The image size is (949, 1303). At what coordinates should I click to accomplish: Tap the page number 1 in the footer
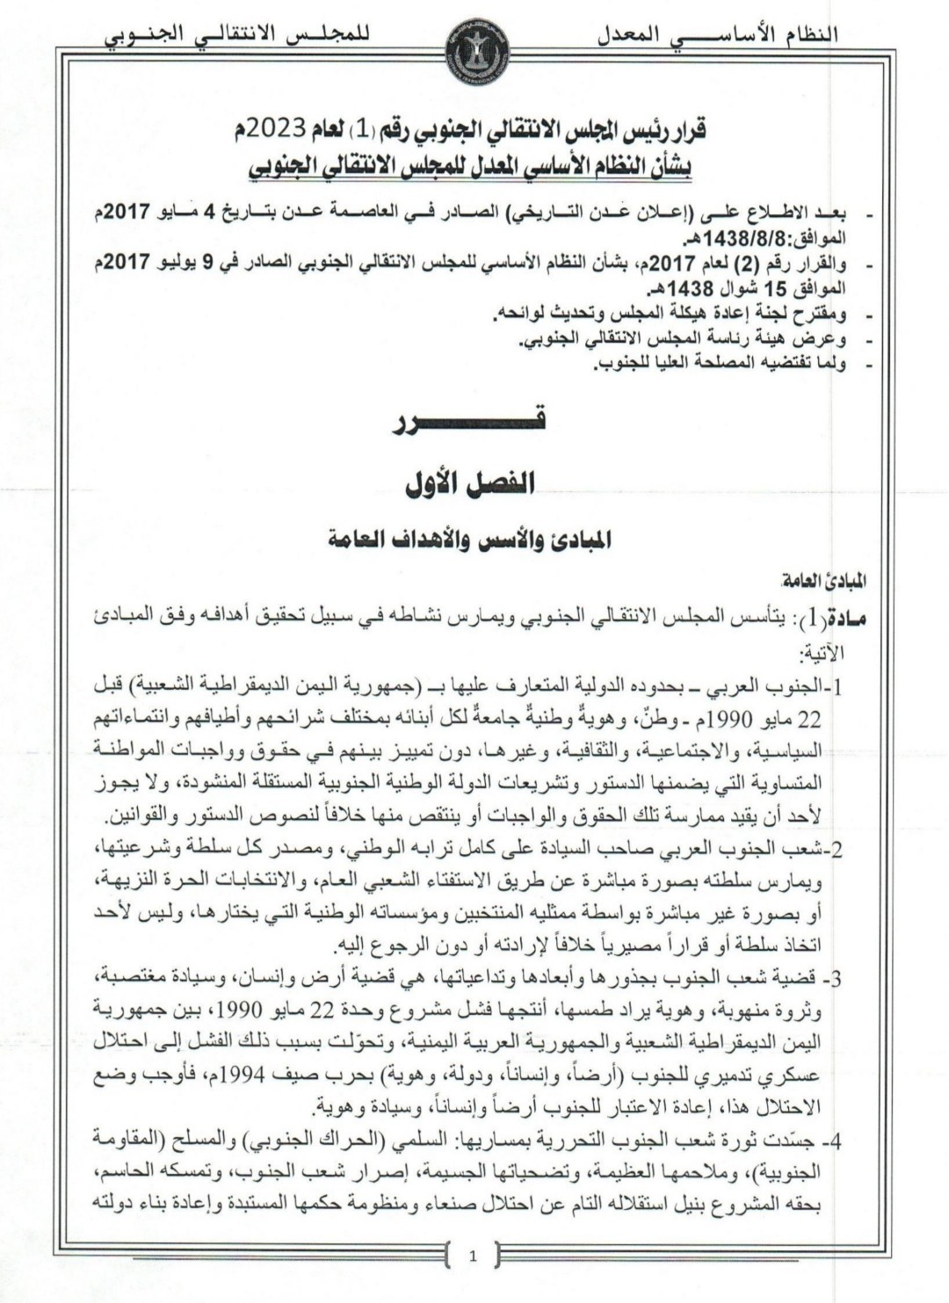click(473, 1256)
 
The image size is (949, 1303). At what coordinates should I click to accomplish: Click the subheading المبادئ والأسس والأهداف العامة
click(472, 539)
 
